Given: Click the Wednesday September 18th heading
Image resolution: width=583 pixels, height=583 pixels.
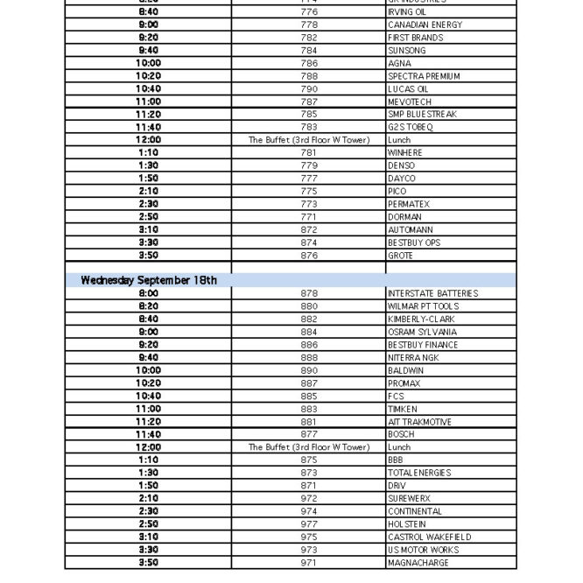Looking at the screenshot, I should tap(149, 280).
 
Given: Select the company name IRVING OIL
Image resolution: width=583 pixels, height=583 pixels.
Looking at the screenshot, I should tap(408, 12).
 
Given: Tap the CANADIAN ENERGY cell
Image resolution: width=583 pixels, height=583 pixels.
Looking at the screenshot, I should tap(425, 25).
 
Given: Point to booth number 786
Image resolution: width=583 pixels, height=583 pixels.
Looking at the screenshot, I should tap(309, 63).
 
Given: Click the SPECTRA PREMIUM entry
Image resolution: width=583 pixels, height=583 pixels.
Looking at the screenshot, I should tap(424, 76).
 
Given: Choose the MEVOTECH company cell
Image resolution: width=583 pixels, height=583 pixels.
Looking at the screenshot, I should tap(410, 102).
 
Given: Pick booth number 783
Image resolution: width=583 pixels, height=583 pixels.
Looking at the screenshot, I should tap(309, 127).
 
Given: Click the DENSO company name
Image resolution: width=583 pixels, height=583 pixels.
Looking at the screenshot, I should tap(402, 165).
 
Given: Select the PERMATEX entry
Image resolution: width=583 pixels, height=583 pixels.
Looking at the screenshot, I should tap(409, 204).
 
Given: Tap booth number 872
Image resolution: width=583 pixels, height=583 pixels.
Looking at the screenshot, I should tap(309, 229).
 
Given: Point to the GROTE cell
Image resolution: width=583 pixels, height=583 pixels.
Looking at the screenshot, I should tap(400, 256).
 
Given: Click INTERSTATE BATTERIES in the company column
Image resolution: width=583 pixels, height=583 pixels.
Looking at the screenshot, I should tap(432, 293).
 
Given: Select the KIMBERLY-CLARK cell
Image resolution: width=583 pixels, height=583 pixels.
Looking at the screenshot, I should tap(421, 320).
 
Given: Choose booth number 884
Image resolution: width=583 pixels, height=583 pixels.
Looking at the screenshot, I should tap(309, 332).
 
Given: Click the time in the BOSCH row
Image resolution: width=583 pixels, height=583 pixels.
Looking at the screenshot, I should tap(149, 434).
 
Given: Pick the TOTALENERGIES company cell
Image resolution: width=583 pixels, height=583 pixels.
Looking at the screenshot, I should tap(419, 473).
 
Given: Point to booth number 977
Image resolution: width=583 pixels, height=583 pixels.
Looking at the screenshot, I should tap(309, 524).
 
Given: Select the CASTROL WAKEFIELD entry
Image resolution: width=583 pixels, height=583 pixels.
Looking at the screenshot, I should tap(429, 537).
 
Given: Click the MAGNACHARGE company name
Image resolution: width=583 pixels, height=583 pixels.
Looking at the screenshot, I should tap(417, 563).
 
